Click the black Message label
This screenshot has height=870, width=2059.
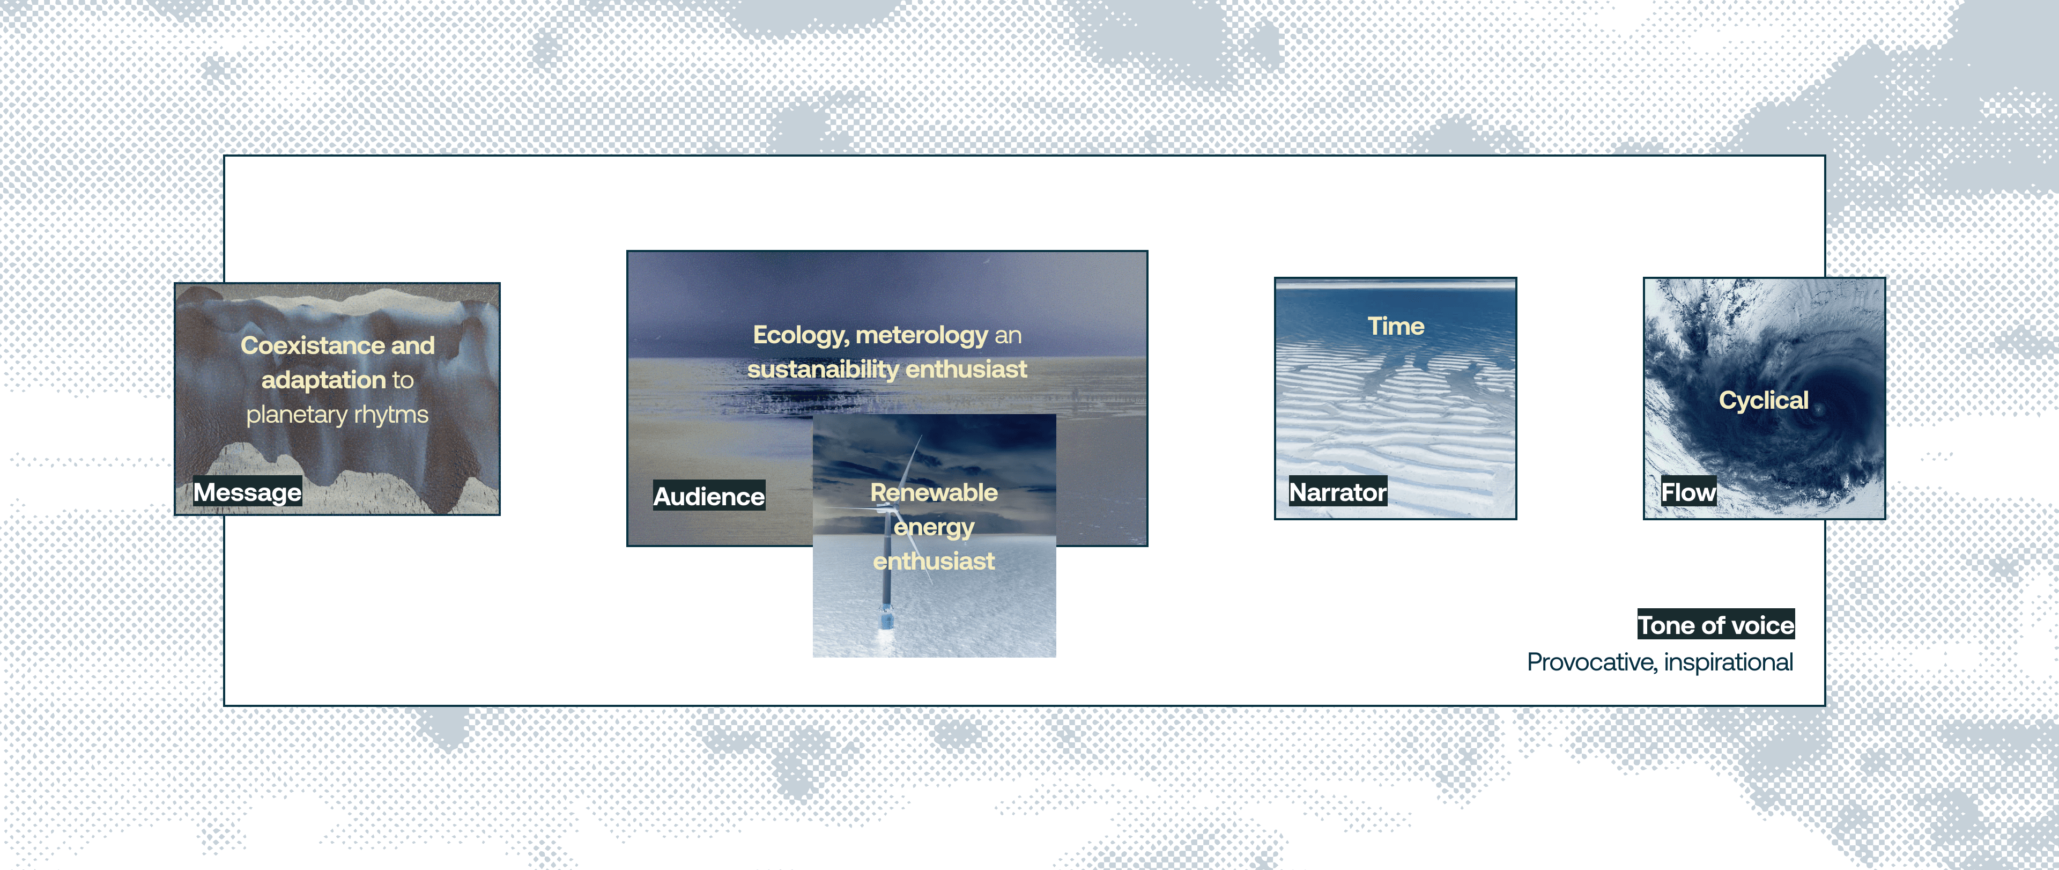[x=248, y=492]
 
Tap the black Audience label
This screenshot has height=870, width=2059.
[x=709, y=496]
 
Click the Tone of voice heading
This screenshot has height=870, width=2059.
[x=1716, y=624]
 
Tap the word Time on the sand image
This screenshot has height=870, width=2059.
[x=1396, y=326]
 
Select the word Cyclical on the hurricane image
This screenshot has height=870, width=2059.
[x=1763, y=400]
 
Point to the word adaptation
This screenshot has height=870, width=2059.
[x=324, y=380]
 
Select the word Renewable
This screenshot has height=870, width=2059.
[x=934, y=492]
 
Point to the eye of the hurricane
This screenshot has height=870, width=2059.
[x=1820, y=408]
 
